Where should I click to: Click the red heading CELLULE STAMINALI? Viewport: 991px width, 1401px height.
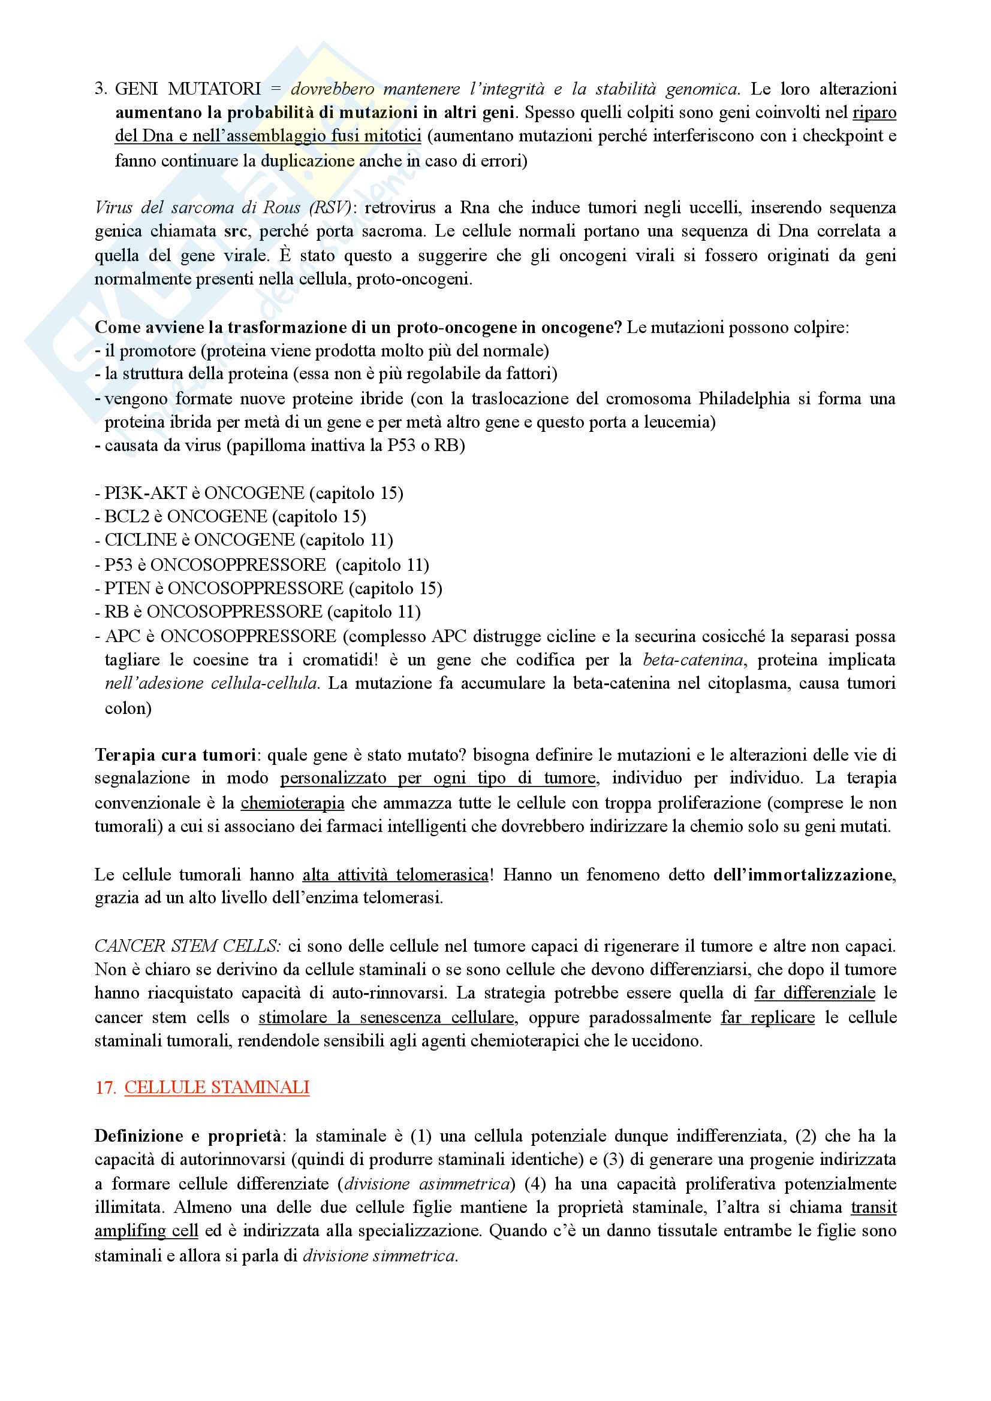coord(217,1087)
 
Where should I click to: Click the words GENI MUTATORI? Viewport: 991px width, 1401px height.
coord(188,89)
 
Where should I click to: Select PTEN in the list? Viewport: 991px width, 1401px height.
coord(127,588)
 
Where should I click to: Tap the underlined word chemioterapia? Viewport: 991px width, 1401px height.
coord(293,803)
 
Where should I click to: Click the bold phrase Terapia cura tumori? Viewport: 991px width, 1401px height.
coord(175,755)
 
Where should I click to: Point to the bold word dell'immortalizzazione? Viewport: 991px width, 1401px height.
coord(803,875)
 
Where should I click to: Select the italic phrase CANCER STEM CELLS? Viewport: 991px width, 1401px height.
coord(188,946)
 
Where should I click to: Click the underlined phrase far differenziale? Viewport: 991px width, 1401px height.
coord(815,992)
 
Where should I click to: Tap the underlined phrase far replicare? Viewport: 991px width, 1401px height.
coord(767,1017)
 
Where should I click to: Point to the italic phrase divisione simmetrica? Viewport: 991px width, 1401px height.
coord(379,1256)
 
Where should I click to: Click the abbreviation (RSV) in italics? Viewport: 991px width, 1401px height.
coord(330,208)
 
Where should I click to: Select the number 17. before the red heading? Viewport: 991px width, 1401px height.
coord(105,1087)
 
